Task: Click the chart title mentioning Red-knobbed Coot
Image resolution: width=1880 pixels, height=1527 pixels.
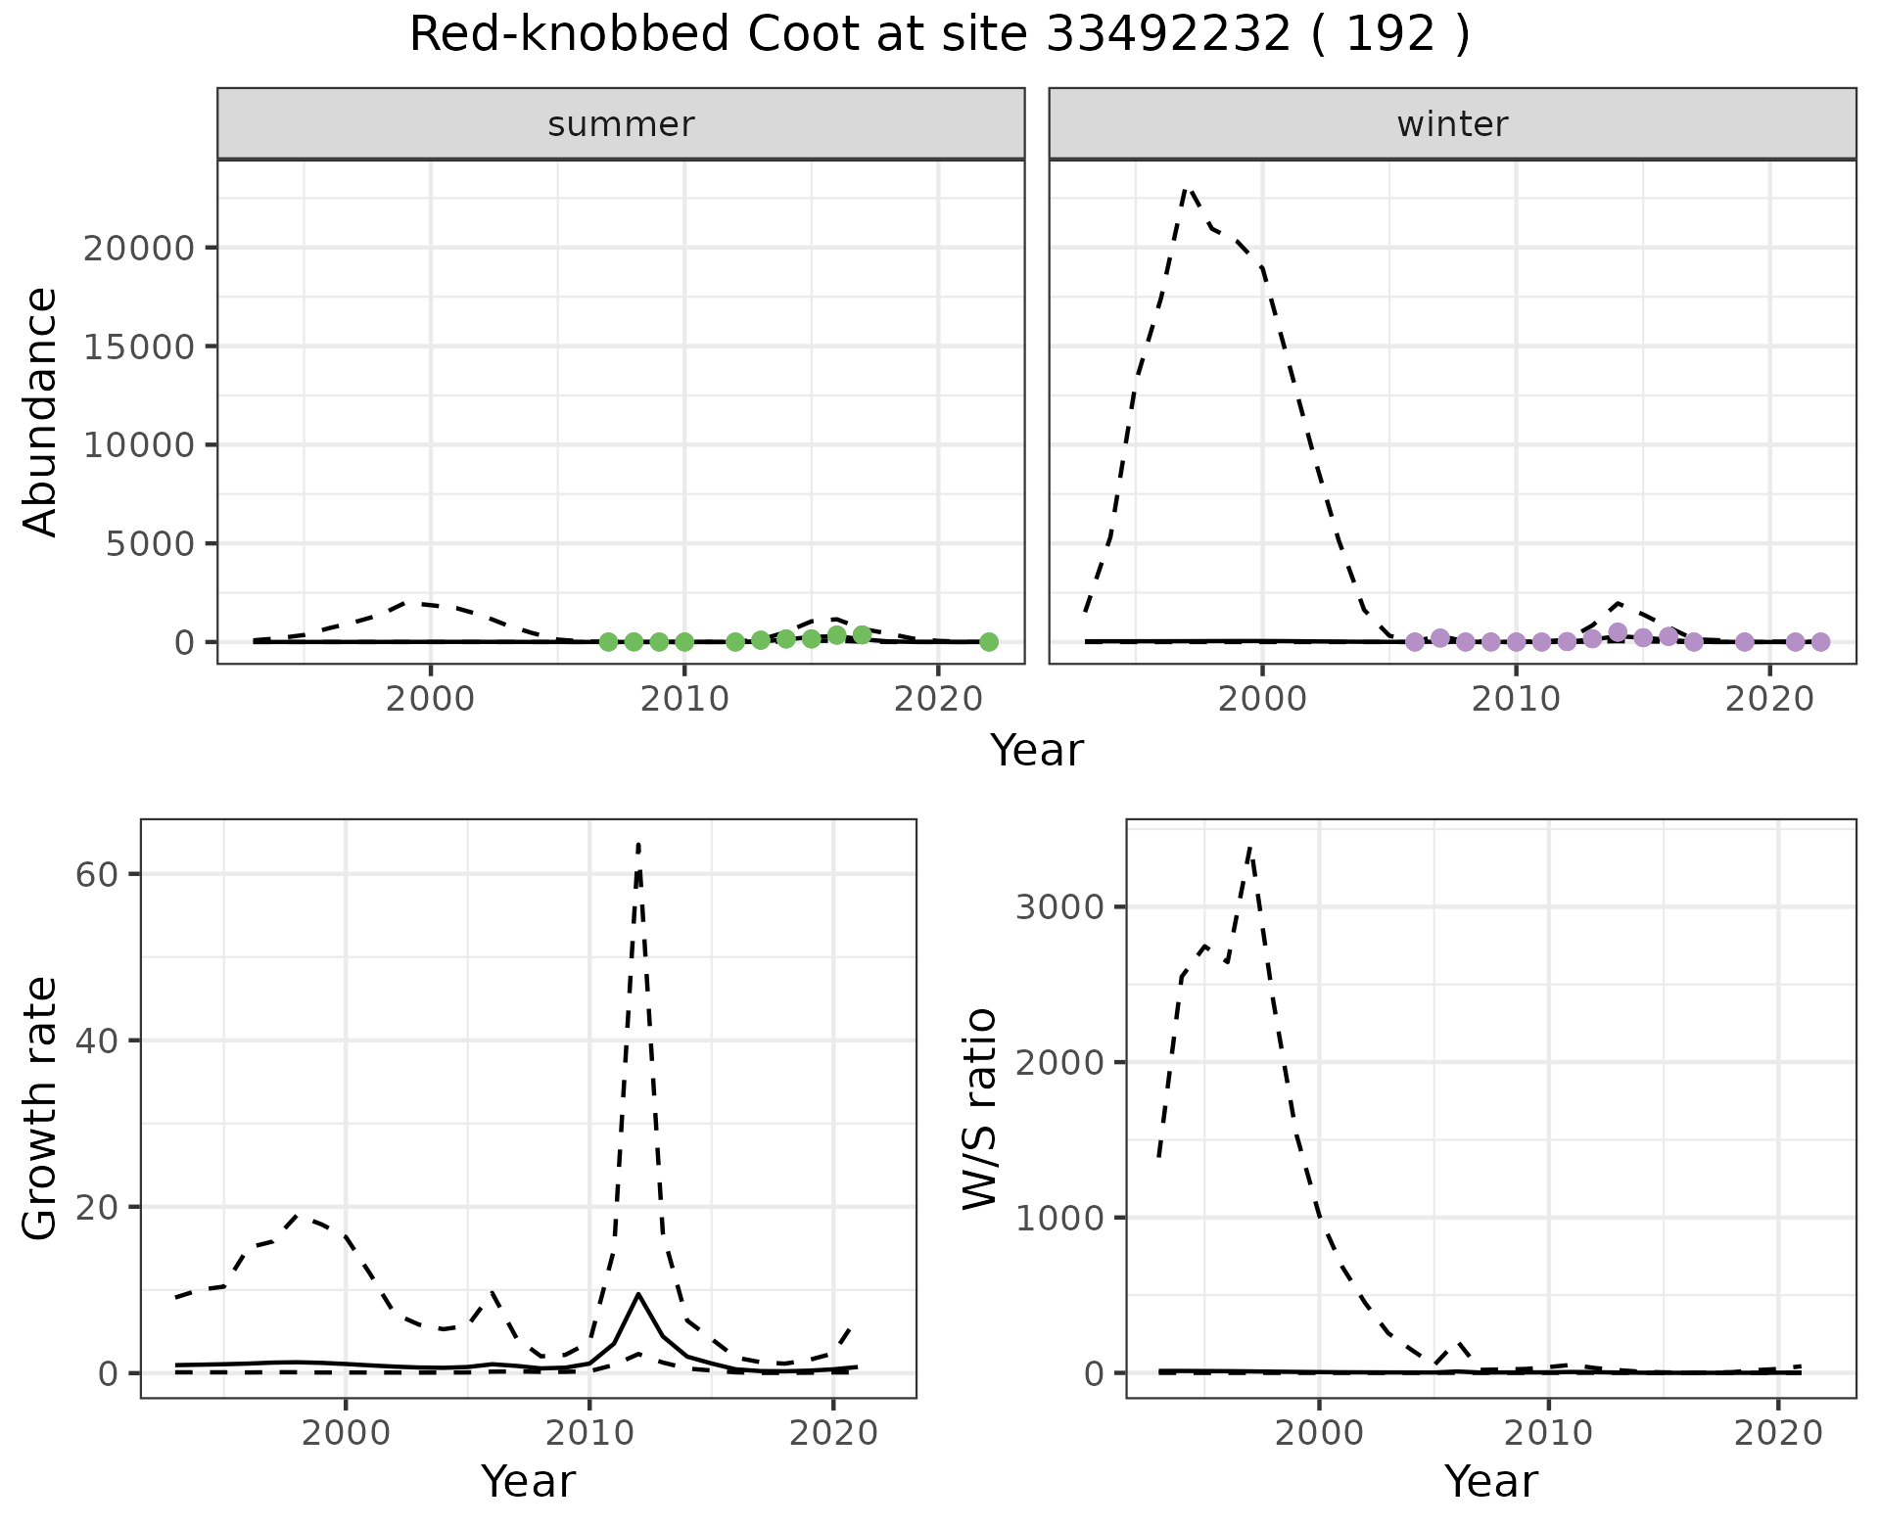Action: click(939, 35)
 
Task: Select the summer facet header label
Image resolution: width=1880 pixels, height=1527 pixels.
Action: click(621, 124)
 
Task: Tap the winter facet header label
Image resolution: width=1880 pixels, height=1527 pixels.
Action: click(1452, 124)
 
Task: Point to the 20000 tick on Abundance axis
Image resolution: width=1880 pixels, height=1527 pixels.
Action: click(139, 249)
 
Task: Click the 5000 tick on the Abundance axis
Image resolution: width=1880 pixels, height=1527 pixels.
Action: click(151, 544)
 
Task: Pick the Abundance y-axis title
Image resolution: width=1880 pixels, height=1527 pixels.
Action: click(41, 411)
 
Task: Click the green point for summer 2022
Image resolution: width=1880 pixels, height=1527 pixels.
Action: click(989, 642)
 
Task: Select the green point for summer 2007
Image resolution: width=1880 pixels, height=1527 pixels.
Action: click(608, 642)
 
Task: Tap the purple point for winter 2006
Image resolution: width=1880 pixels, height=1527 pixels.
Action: click(1415, 642)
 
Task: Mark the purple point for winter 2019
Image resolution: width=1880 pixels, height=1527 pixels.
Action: click(1745, 642)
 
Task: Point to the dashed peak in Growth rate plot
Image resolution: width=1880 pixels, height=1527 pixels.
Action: click(638, 844)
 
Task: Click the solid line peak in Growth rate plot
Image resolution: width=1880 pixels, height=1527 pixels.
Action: click(638, 1294)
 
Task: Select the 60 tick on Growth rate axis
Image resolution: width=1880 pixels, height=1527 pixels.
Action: click(96, 874)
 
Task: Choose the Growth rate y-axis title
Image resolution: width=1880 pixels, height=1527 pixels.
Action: click(41, 1108)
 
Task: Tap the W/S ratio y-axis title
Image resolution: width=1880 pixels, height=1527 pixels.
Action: click(980, 1108)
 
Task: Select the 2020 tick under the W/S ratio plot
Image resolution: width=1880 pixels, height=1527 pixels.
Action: click(1777, 1434)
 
